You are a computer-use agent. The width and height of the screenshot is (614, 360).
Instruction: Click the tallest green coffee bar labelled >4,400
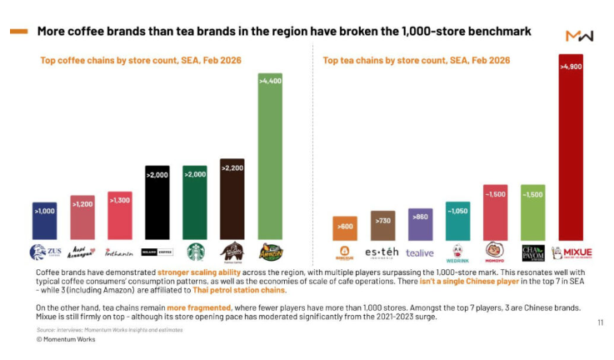coord(271,158)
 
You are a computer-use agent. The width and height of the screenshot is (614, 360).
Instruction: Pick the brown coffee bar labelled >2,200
coord(232,200)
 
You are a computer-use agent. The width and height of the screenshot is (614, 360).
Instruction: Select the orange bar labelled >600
coord(344,228)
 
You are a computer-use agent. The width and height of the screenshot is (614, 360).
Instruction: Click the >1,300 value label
coord(120,199)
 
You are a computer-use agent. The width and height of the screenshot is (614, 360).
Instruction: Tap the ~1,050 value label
coord(457,211)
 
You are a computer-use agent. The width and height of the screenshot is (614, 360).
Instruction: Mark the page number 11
coord(601,322)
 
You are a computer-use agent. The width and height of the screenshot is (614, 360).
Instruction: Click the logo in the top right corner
coord(579,36)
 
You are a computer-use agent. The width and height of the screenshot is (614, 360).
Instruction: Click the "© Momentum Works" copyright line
coord(66,339)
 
